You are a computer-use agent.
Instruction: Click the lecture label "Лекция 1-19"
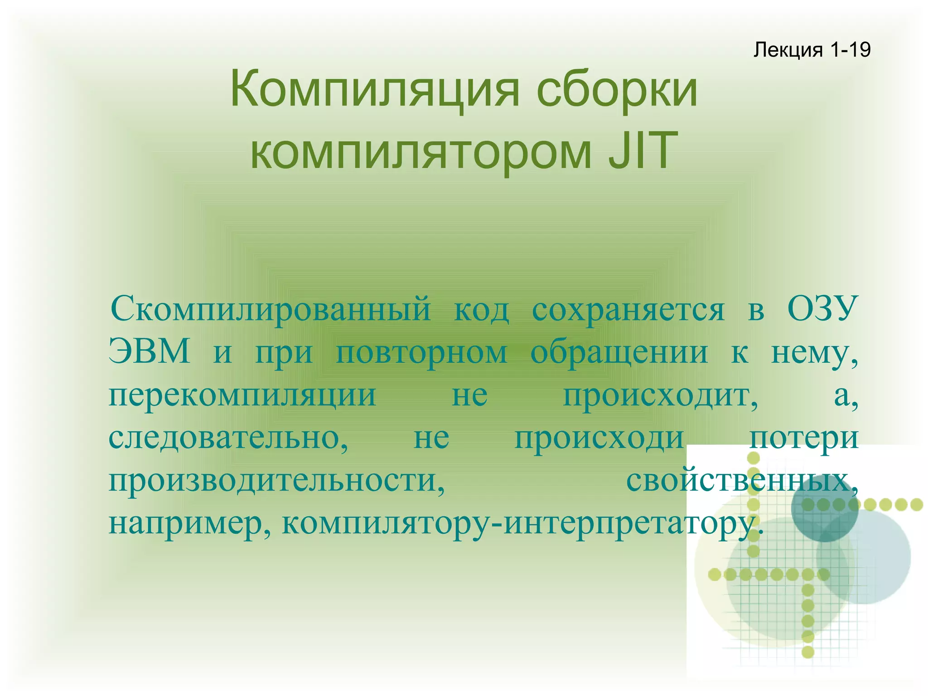(x=812, y=50)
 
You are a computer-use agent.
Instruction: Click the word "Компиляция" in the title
(x=374, y=89)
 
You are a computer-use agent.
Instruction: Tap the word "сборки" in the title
(x=617, y=89)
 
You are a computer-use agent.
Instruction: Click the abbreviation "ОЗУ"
(x=822, y=308)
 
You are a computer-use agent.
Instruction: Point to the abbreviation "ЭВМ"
(x=149, y=351)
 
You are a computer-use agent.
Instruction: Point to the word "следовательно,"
(x=228, y=438)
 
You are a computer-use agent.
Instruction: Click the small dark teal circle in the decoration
(x=824, y=508)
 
